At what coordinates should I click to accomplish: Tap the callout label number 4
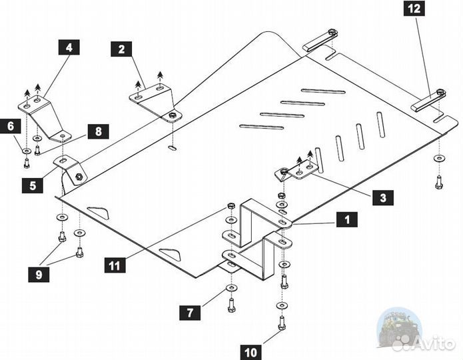tap(69, 47)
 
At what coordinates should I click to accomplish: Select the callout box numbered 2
tap(121, 48)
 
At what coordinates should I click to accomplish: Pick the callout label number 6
tap(11, 125)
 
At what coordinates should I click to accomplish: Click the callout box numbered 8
tap(98, 131)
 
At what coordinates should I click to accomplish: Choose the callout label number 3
tap(383, 197)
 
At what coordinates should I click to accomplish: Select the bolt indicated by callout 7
tap(231, 303)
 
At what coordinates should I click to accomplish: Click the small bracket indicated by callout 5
tap(69, 168)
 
